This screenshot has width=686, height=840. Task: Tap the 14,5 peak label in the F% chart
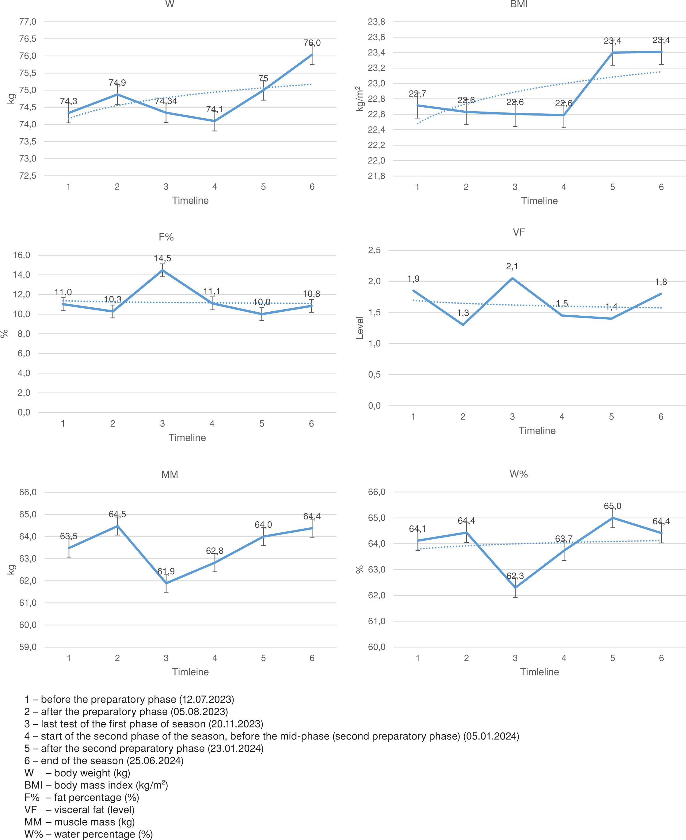click(162, 259)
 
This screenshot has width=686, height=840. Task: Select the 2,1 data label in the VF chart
click(512, 267)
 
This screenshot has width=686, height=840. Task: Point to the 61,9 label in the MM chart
click(166, 571)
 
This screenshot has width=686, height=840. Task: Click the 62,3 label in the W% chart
click(515, 576)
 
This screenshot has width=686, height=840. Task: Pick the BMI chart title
click(519, 4)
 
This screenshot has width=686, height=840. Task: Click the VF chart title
click(519, 232)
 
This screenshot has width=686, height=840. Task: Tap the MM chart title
click(170, 474)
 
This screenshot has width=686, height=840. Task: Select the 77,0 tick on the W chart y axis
click(28, 22)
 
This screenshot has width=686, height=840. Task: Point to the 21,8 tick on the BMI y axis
click(377, 176)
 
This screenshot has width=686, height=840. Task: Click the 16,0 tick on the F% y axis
click(21, 255)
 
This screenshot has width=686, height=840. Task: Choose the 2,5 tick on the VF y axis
click(375, 250)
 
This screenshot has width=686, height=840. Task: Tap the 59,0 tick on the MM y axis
click(28, 647)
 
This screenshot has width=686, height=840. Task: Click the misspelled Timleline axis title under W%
click(539, 672)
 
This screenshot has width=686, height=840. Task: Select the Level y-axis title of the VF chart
click(360, 328)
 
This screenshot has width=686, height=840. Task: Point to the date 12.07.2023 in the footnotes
click(207, 699)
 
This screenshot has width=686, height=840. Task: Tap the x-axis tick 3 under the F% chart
click(162, 424)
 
